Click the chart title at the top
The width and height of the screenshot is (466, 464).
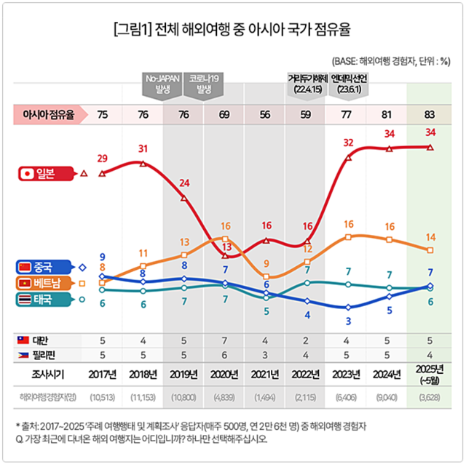click(x=232, y=30)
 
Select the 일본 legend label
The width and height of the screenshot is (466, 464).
click(x=45, y=174)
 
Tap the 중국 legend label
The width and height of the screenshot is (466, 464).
click(x=45, y=267)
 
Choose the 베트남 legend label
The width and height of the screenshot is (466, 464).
click(x=45, y=283)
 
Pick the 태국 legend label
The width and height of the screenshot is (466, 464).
click(x=45, y=299)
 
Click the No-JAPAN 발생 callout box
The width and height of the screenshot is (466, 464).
click(x=162, y=83)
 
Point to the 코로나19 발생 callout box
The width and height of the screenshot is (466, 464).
click(x=204, y=83)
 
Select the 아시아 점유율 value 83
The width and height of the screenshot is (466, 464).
click(x=430, y=114)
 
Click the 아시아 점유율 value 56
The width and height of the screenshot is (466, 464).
click(x=266, y=114)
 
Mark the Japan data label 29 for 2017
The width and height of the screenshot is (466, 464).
click(x=103, y=159)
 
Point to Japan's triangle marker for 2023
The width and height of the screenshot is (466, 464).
click(x=349, y=156)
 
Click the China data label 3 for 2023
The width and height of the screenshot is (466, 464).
click(x=349, y=321)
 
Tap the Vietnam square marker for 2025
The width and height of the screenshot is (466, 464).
click(x=430, y=249)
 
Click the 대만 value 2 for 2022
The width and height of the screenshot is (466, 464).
click(x=307, y=340)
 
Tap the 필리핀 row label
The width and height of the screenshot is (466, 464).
click(x=45, y=355)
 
